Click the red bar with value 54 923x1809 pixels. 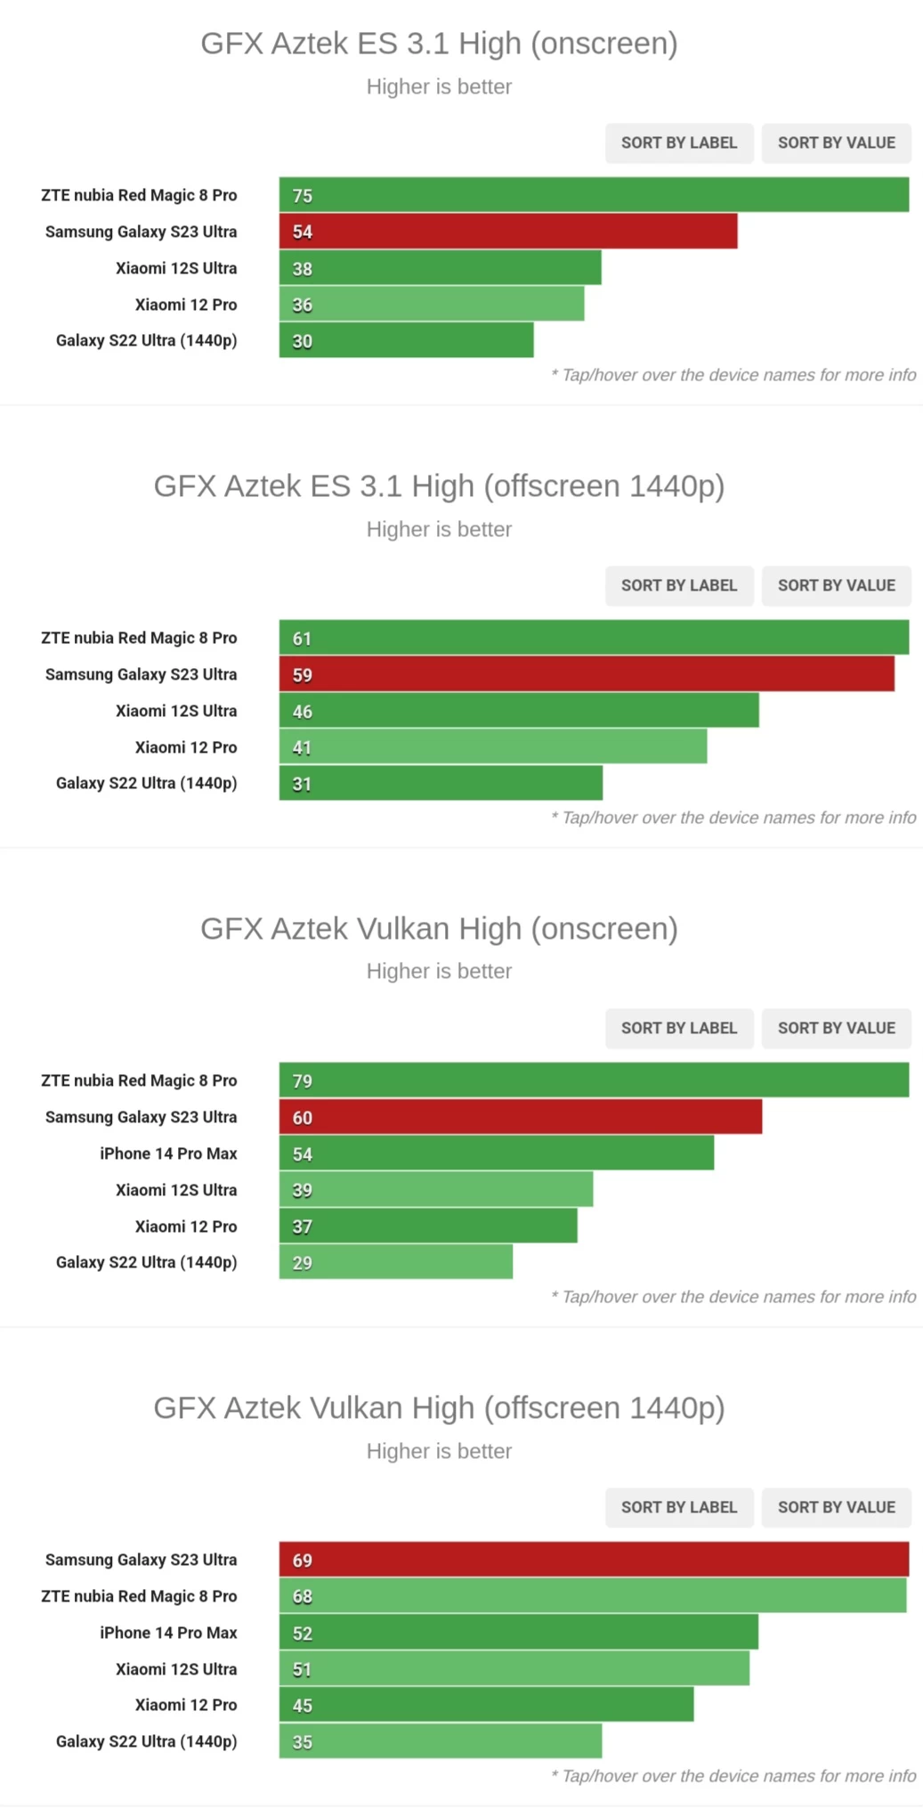[x=507, y=232]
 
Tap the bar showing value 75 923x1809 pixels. [x=594, y=195]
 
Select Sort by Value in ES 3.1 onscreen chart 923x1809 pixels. [x=836, y=143]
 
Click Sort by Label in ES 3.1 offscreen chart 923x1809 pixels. [x=678, y=585]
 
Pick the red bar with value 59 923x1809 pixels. [x=587, y=674]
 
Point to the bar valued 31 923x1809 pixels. [x=441, y=784]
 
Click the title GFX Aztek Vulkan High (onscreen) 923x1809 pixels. [x=439, y=928]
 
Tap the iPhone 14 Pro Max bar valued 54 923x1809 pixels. [x=496, y=1153]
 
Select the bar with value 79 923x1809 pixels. [x=594, y=1080]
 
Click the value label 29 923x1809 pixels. [x=303, y=1263]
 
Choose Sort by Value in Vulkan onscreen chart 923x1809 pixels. [x=836, y=1028]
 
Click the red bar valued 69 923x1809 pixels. [x=594, y=1560]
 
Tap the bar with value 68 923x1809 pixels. [x=593, y=1596]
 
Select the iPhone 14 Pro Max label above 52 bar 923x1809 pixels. [x=168, y=1633]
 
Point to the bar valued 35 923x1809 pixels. [x=441, y=1741]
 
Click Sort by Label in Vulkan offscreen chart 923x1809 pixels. [x=678, y=1507]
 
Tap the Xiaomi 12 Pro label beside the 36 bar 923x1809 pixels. [x=186, y=305]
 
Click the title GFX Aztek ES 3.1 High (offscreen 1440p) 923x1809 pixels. [x=439, y=486]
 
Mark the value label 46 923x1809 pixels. [x=303, y=712]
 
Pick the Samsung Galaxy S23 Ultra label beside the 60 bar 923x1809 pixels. [x=142, y=1117]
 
